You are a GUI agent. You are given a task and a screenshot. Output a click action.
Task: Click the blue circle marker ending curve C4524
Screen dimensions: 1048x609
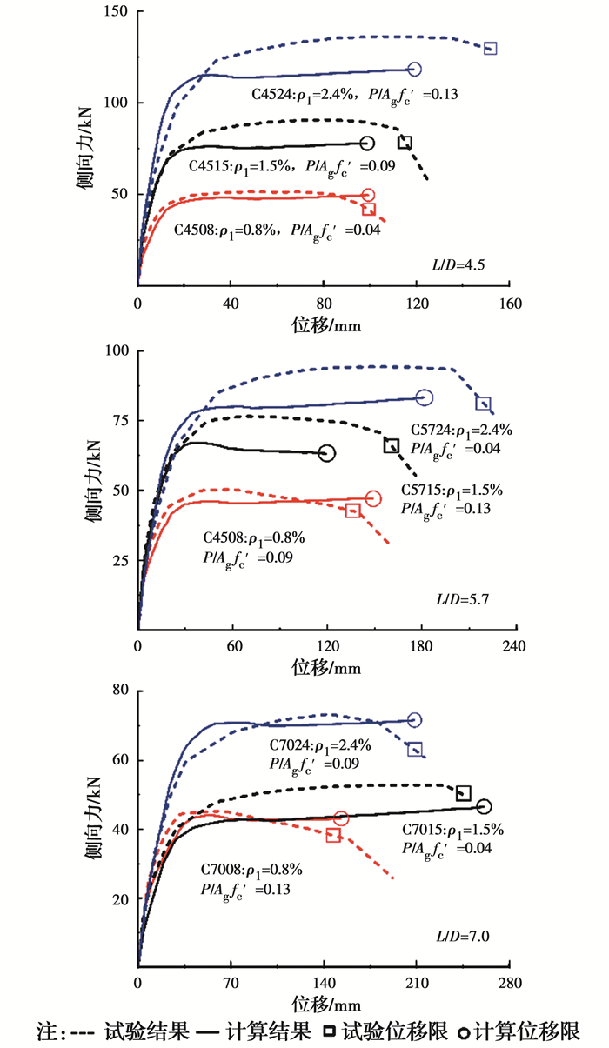pos(414,70)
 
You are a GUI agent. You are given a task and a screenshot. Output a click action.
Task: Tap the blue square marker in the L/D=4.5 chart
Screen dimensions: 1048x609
pos(491,49)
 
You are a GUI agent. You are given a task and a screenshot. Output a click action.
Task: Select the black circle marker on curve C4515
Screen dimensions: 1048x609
pos(367,144)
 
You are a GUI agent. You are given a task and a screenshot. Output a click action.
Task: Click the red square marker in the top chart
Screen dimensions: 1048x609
pos(369,209)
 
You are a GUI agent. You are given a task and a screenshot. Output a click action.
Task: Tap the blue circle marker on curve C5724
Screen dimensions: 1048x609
pos(425,397)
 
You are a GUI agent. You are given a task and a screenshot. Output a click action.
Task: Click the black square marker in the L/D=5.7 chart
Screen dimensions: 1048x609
pos(391,446)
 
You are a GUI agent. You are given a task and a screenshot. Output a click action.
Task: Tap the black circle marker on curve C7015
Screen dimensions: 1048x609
pos(484,807)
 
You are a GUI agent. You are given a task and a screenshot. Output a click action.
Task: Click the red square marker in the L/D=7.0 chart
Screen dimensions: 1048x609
pos(333,836)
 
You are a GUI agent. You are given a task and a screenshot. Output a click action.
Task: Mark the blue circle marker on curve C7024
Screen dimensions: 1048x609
pos(414,720)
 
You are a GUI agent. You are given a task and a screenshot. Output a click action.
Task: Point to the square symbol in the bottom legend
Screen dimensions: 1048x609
pos(331,1032)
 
